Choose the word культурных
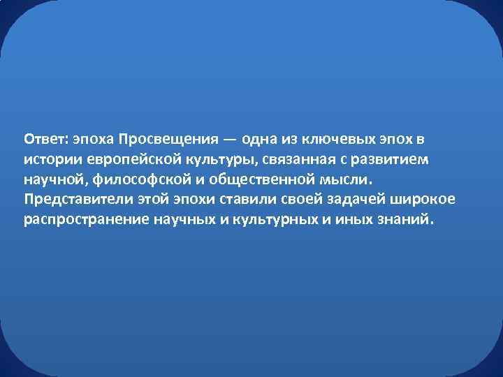click(268, 221)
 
